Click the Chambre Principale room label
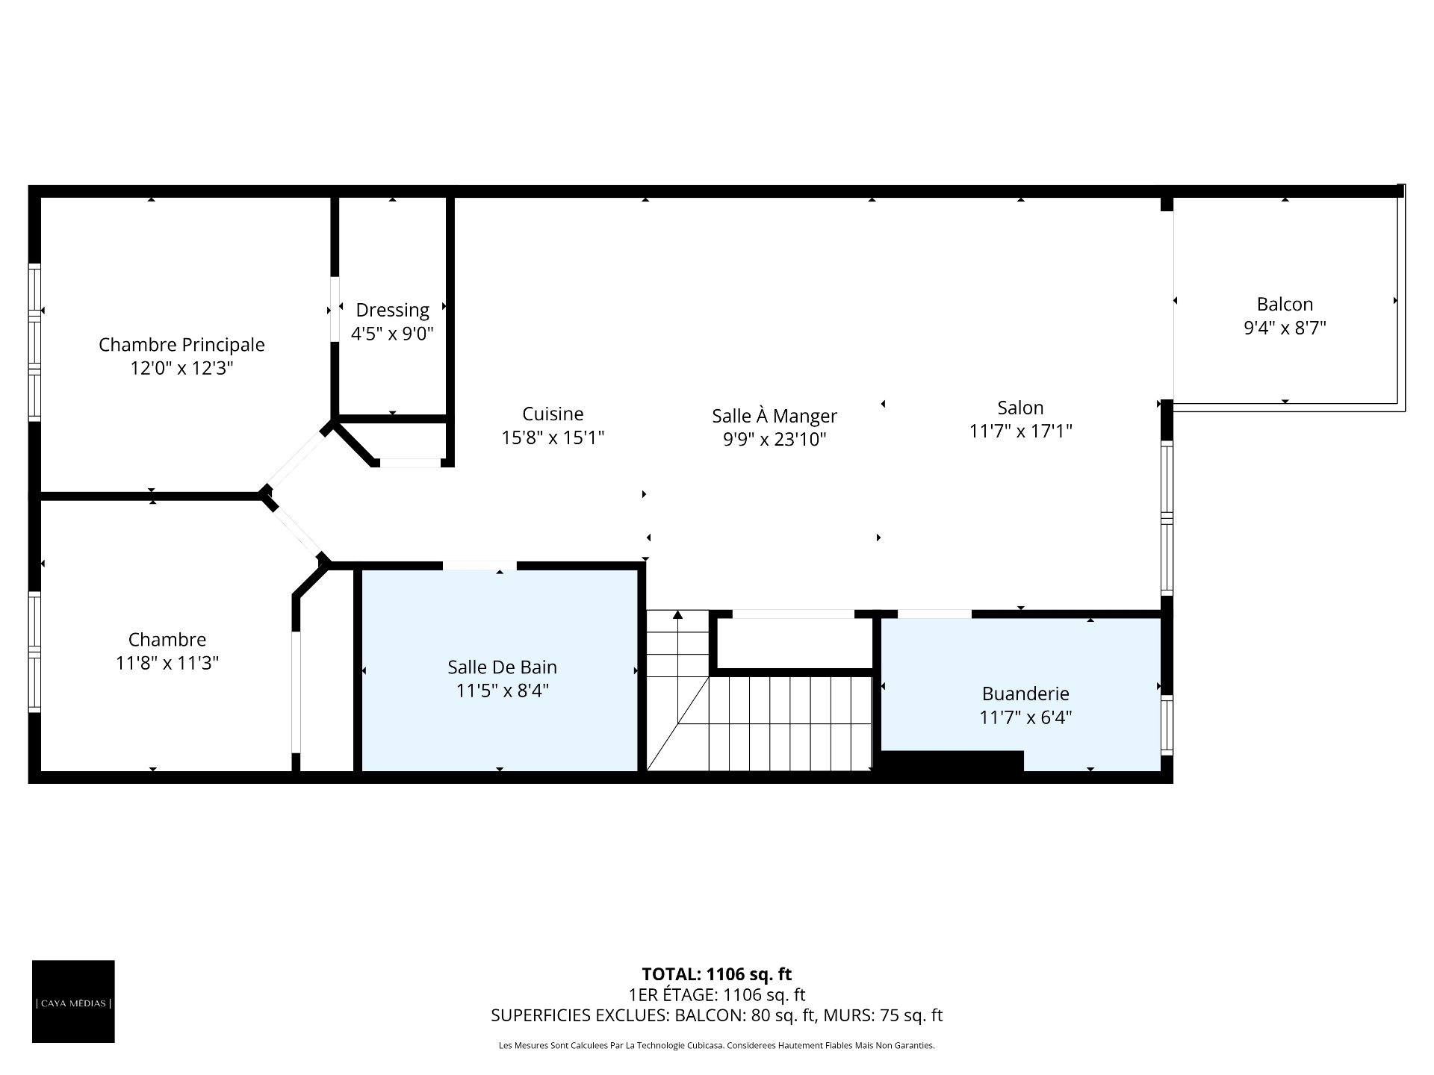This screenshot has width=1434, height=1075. point(181,345)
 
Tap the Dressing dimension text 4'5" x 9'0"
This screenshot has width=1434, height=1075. point(392,334)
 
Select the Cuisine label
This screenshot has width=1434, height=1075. point(553,414)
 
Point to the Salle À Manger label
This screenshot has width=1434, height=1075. point(775,416)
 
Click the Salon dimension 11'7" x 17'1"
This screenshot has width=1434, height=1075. point(1020,431)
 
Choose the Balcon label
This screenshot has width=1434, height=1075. point(1285,304)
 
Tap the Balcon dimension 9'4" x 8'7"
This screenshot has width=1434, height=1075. point(1285,328)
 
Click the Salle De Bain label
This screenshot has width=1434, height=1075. point(502,667)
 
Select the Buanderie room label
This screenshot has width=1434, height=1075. point(1025,694)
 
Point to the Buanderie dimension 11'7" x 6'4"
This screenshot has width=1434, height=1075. point(1025,718)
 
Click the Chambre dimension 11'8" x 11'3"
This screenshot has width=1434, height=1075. point(167,663)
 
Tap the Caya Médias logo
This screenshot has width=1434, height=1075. point(73,1001)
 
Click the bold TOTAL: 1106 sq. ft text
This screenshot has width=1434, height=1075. point(717,974)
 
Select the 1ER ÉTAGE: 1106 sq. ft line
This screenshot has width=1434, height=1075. point(717,994)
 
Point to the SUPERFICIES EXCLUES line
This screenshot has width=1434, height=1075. point(717,1015)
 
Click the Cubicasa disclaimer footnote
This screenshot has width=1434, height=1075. point(717,1046)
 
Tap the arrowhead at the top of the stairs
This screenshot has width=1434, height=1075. point(677,614)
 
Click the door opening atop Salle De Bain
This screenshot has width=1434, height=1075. point(479,565)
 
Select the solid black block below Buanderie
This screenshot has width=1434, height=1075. point(952,761)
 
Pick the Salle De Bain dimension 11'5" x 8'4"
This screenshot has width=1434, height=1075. point(502,691)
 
